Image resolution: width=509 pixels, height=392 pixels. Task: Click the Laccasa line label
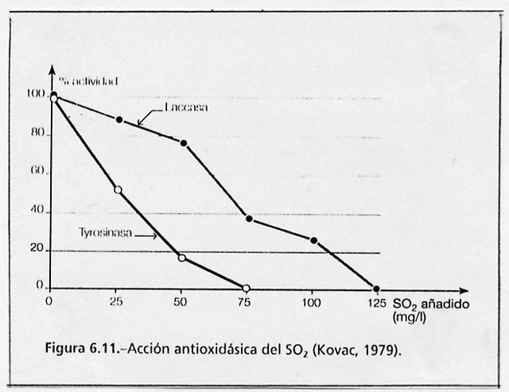click(x=187, y=107)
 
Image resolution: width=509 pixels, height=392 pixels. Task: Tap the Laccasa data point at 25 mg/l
click(x=119, y=119)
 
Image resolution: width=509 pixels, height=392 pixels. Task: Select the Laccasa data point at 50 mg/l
click(x=184, y=143)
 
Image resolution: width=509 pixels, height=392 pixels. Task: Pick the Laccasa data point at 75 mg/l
click(x=249, y=219)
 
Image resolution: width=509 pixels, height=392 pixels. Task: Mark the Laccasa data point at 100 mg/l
click(x=313, y=240)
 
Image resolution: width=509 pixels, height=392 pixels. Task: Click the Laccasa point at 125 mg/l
click(x=376, y=289)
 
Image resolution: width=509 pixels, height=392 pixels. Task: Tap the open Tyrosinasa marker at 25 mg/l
click(x=119, y=190)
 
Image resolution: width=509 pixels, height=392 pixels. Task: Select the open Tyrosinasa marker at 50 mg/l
click(x=182, y=258)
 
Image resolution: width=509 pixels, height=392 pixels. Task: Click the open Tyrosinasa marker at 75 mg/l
click(x=246, y=289)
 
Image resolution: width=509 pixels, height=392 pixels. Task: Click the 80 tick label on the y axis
click(x=37, y=134)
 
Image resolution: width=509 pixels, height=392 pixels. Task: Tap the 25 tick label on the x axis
click(x=117, y=304)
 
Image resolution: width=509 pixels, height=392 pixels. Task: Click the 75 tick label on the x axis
click(x=245, y=304)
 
